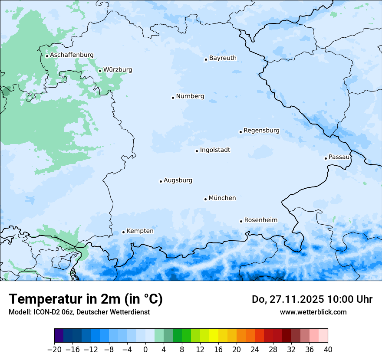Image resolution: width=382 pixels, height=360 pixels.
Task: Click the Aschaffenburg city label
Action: pos(72,55)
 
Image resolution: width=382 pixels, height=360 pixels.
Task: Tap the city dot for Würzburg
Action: pos(100,71)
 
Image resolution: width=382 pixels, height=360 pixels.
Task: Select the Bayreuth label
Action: pos(223,58)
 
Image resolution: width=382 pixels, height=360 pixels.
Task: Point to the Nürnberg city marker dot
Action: pos(173,98)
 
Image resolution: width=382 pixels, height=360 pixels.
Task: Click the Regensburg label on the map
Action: pos(261,131)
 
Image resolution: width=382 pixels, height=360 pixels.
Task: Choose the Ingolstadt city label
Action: pos(215,150)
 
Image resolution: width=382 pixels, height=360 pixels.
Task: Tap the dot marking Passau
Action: pos(326,158)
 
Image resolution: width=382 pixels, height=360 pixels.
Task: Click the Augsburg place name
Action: pos(178,180)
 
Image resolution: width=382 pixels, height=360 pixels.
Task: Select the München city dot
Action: pos(205,199)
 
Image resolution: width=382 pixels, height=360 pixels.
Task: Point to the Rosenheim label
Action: pos(260,220)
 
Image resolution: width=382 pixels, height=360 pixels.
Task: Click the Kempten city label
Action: pos(140,231)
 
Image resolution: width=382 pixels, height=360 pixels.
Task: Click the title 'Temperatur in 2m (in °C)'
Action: pos(86,299)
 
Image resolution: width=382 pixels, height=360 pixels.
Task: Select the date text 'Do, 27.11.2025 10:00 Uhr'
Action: pos(312,299)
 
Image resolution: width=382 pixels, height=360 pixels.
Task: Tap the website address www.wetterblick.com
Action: pos(313,312)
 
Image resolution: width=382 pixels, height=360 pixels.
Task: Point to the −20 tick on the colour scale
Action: pos(55,350)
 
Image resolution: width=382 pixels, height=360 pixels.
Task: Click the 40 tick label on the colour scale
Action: pos(328,350)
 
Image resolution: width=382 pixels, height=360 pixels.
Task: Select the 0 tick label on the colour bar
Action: pos(145,350)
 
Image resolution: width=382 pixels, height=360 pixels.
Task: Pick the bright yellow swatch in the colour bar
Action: pos(214,336)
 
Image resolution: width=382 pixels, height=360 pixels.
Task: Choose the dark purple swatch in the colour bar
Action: pos(59,336)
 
